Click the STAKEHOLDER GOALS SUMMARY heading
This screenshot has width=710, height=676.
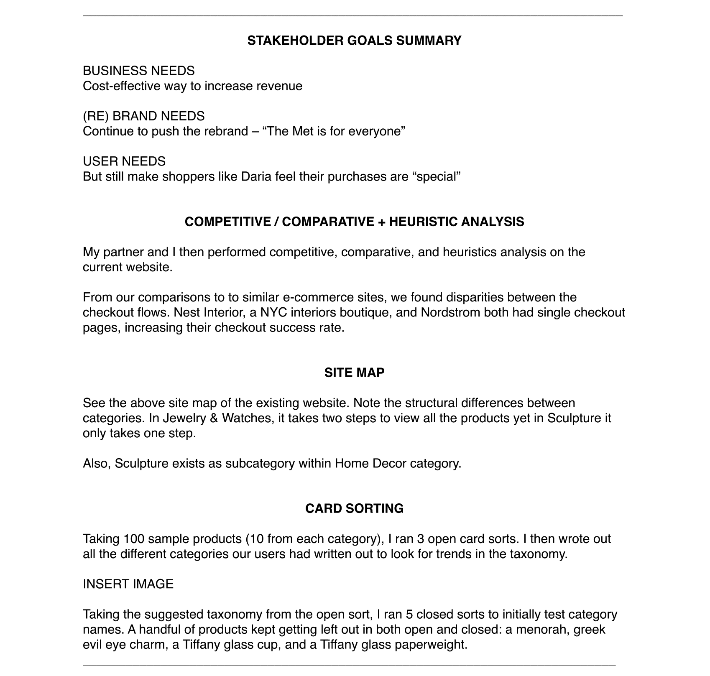click(x=354, y=41)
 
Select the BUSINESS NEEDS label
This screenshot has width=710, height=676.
click(x=139, y=71)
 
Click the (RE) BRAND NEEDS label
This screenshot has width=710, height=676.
click(x=144, y=116)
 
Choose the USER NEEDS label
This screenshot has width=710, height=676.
click(x=124, y=161)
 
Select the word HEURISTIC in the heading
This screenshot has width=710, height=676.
click(x=422, y=222)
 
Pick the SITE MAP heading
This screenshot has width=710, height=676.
click(x=354, y=372)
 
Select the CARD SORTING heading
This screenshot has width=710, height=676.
click(x=354, y=508)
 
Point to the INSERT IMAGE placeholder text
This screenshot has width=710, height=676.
click(x=128, y=584)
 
